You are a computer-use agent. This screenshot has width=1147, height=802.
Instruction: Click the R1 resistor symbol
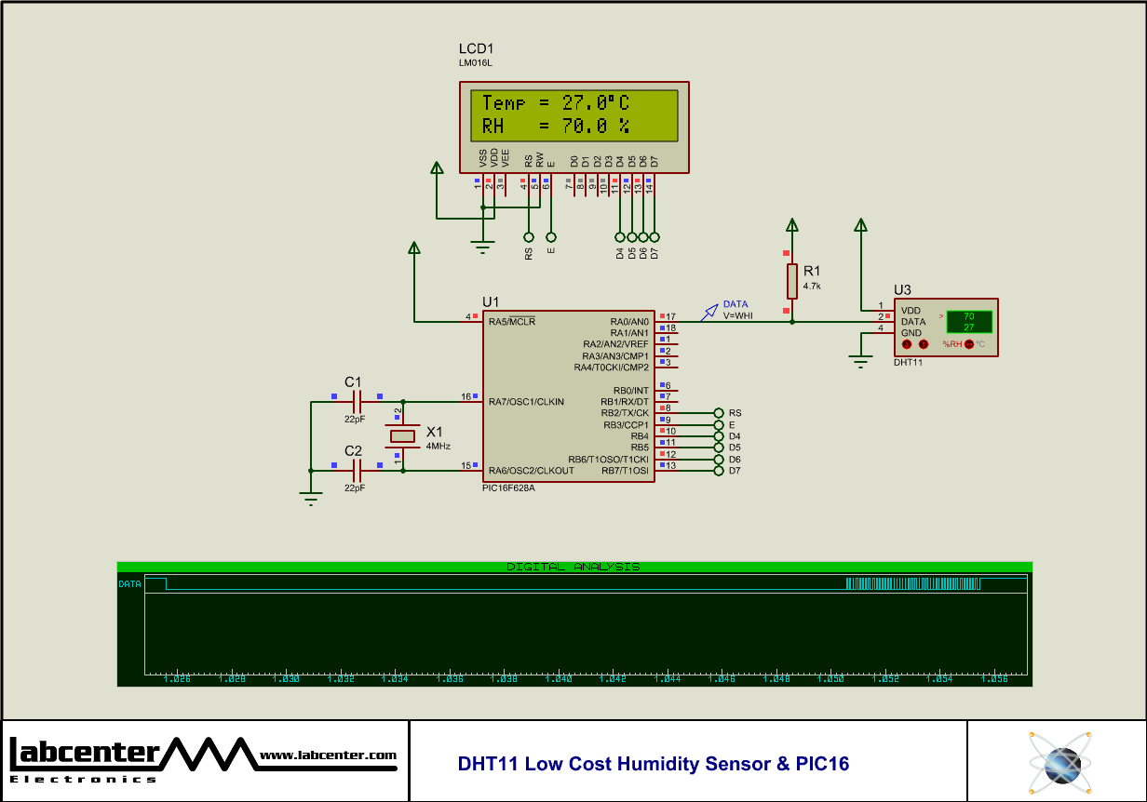point(791,281)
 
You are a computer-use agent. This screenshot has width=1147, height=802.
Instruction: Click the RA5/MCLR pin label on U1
point(512,321)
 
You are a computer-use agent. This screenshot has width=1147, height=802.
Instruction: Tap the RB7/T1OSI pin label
point(625,471)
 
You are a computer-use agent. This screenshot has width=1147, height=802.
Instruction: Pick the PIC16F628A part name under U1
point(508,488)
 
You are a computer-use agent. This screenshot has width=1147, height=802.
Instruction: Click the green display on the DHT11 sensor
point(968,322)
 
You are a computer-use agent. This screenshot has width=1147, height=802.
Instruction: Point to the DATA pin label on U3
point(912,322)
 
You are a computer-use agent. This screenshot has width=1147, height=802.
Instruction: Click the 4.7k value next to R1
point(812,287)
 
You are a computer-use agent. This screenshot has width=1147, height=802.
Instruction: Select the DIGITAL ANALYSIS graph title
point(573,567)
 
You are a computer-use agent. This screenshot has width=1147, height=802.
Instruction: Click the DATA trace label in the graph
point(129,584)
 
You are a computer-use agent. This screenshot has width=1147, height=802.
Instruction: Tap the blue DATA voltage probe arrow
point(710,310)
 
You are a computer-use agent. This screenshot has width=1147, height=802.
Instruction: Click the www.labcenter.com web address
point(328,755)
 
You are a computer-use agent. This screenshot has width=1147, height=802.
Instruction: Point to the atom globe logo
point(1059,761)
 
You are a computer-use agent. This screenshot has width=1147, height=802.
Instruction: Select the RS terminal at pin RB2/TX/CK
point(719,412)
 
